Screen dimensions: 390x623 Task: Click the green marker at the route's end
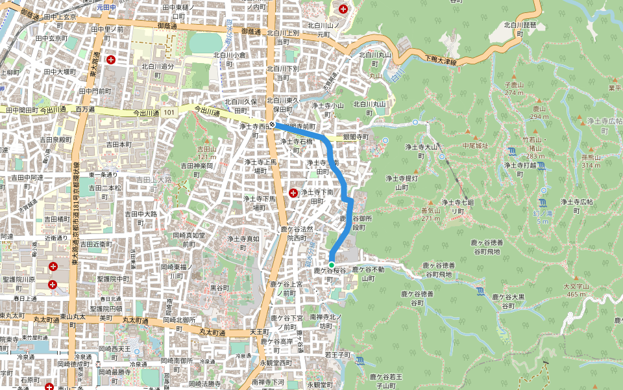(331, 265)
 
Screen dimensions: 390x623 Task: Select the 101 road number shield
(169, 112)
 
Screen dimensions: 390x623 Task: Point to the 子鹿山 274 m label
(514, 88)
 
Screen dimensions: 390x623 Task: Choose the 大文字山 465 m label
(576, 290)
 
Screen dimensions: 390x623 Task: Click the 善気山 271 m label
(431, 214)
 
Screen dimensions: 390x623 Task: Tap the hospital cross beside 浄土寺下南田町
(293, 193)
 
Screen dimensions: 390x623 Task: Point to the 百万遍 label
(85, 110)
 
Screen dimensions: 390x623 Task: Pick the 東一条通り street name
(103, 175)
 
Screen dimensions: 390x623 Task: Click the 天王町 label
(260, 332)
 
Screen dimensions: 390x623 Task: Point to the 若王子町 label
(337, 355)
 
